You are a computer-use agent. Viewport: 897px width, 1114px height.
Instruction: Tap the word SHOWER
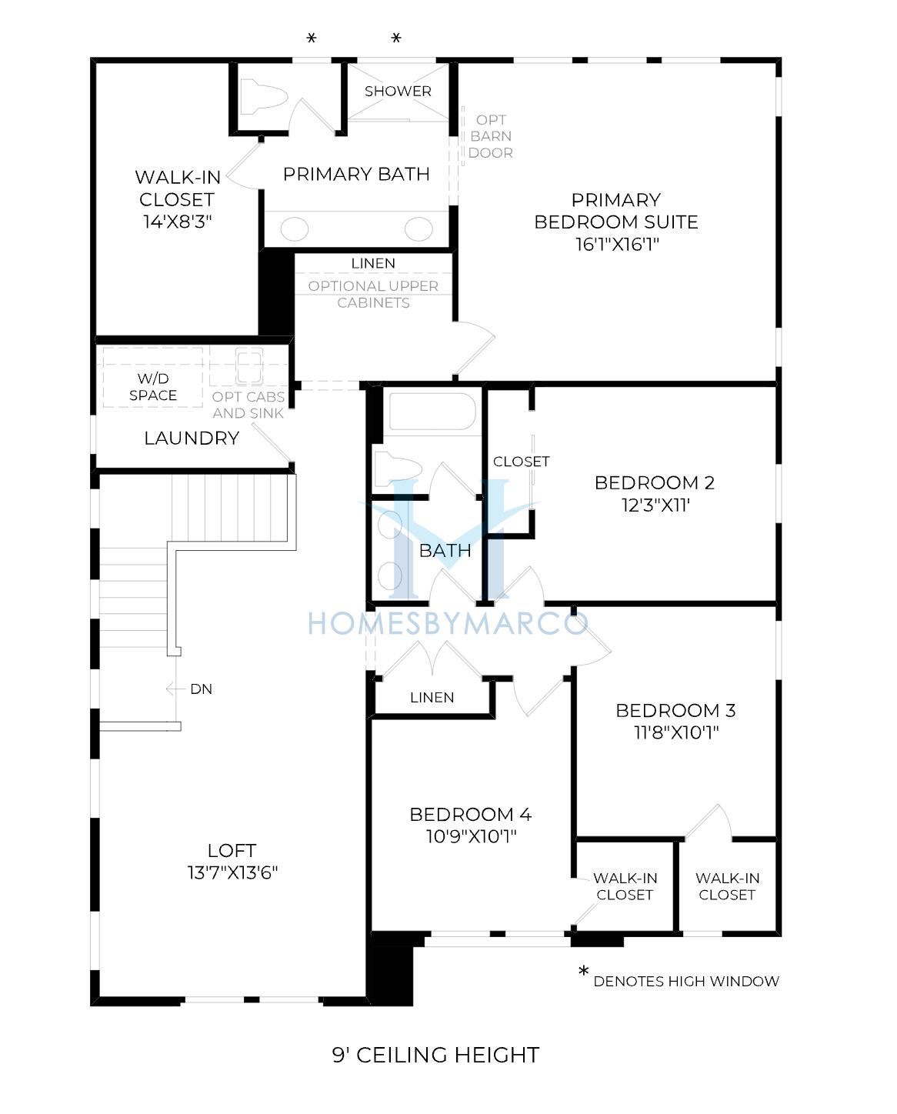point(398,92)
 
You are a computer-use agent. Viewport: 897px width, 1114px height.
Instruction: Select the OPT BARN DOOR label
point(490,136)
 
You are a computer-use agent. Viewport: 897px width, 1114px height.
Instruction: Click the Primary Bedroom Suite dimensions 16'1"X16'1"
point(617,245)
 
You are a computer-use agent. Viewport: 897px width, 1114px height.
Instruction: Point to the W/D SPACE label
point(152,387)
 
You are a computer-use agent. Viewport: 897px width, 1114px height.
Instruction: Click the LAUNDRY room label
point(192,439)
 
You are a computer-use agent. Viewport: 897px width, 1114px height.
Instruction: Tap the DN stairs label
point(201,689)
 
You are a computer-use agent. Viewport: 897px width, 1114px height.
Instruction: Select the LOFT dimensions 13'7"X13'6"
point(232,872)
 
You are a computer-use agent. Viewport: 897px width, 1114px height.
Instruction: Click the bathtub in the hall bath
point(432,412)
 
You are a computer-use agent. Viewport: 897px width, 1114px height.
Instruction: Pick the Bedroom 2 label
point(654,482)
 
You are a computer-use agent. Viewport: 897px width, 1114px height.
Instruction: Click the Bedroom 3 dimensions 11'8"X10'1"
point(676,732)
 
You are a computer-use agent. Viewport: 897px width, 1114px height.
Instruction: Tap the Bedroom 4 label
point(470,814)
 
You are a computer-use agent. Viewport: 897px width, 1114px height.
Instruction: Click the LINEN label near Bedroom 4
point(432,697)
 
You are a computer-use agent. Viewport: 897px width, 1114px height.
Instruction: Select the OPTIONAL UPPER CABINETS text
point(373,294)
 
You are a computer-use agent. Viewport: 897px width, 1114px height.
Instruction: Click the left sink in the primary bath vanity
point(294,228)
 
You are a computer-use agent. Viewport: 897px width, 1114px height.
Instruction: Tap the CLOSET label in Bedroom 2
point(521,462)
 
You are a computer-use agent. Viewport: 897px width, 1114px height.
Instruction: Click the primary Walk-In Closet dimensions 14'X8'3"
point(178,222)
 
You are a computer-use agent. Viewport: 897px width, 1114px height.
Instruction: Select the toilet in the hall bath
point(398,469)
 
